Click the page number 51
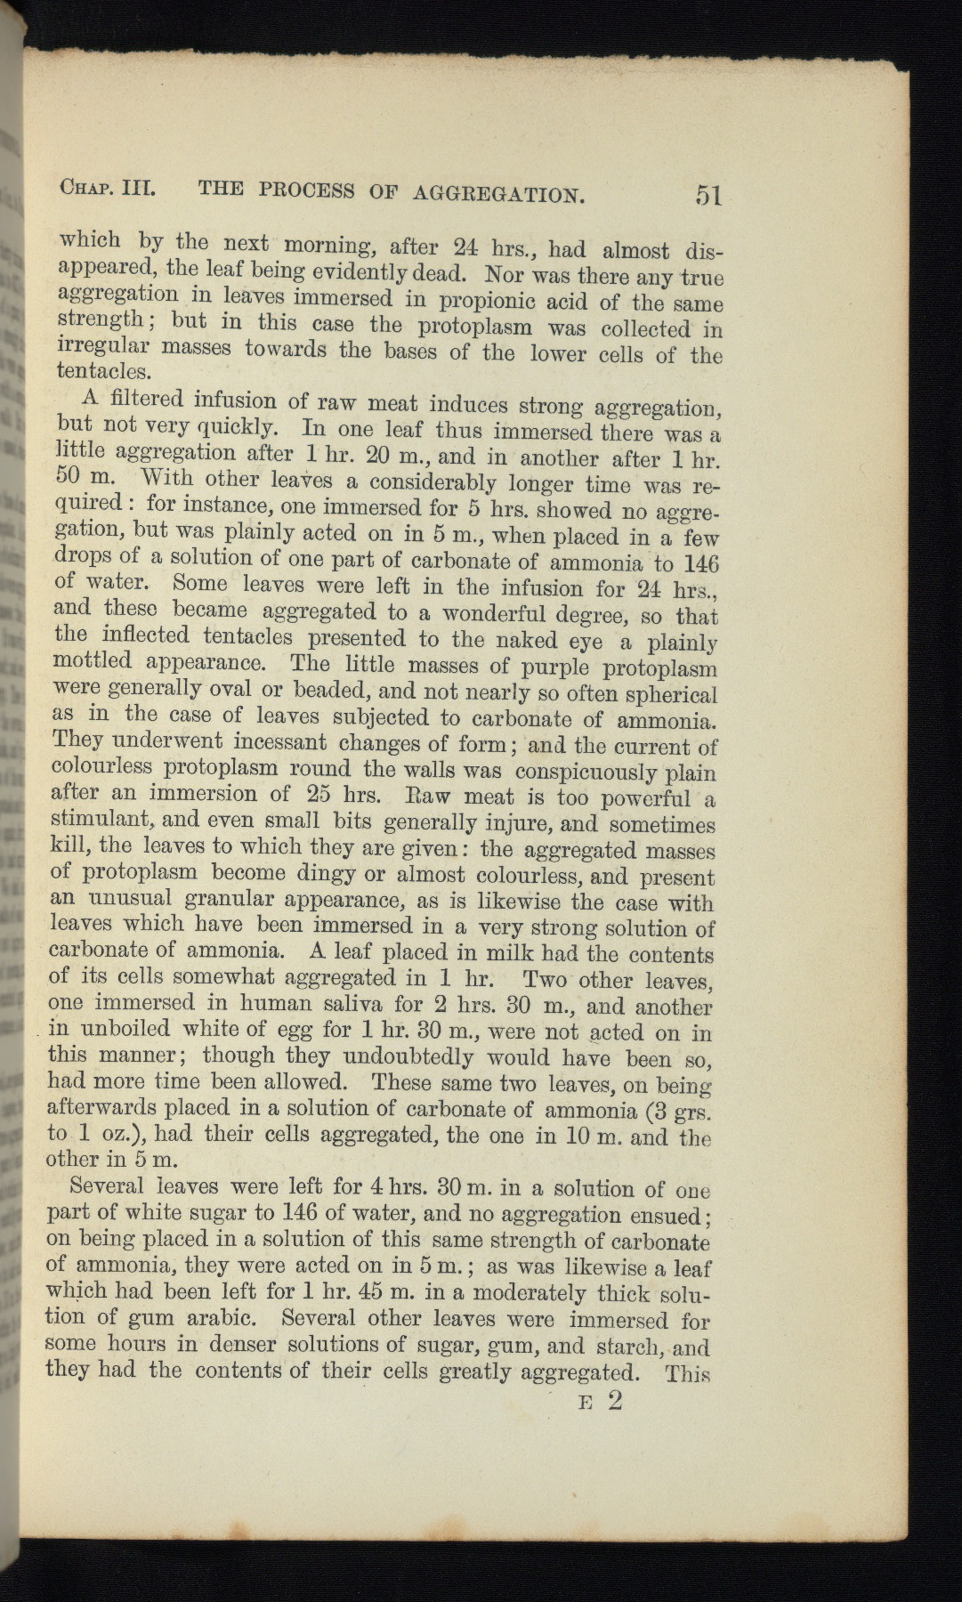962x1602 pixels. [708, 196]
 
